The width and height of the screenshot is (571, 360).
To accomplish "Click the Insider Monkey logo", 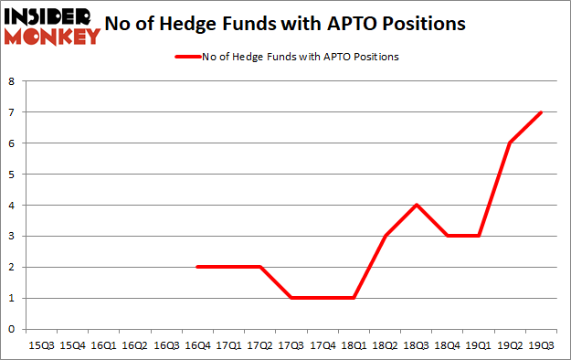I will click(51, 25).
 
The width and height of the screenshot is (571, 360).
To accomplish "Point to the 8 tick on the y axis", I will click(12, 80).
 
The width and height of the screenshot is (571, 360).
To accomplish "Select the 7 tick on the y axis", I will click(12, 111).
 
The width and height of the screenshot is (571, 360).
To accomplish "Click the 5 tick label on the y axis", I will click(12, 174).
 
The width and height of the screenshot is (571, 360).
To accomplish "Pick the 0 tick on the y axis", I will click(12, 329).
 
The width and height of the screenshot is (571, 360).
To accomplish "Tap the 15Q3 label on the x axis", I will click(42, 346).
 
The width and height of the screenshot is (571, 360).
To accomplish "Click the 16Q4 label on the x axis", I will click(198, 346).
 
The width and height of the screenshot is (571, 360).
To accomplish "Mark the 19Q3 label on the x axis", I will click(541, 346).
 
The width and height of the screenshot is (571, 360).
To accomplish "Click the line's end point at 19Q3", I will click(541, 112).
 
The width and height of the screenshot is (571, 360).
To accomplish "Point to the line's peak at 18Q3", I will click(417, 205).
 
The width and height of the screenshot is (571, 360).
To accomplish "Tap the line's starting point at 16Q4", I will click(198, 267).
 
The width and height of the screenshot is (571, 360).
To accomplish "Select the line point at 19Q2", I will click(510, 143).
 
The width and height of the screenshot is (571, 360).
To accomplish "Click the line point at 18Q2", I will click(386, 236).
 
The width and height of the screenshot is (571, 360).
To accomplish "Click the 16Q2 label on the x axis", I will click(135, 346).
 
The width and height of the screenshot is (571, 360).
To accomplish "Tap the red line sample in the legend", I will click(187, 57).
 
